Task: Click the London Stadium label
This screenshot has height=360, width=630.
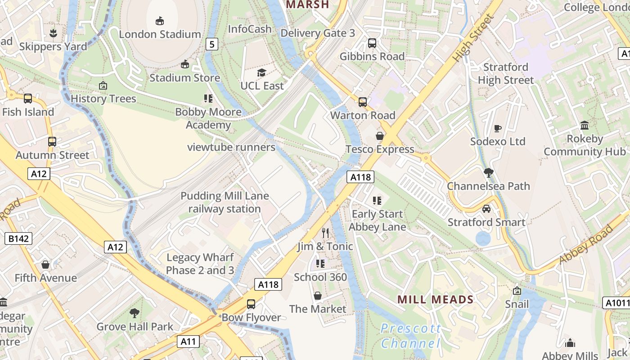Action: click(160, 34)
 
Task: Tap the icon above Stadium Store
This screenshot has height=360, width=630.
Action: click(184, 64)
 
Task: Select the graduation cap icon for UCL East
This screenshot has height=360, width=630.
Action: click(261, 72)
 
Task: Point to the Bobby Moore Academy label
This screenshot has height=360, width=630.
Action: click(208, 118)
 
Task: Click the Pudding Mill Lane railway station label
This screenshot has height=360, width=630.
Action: click(225, 202)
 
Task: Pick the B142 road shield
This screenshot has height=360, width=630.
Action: click(18, 238)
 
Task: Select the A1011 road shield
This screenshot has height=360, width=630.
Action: click(616, 303)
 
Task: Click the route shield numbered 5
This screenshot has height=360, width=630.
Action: click(212, 44)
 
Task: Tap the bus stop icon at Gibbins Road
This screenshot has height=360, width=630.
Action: click(372, 43)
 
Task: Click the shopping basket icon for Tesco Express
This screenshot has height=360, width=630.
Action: click(380, 136)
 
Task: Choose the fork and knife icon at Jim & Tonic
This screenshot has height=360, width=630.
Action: click(325, 233)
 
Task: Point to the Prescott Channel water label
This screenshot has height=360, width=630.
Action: click(410, 336)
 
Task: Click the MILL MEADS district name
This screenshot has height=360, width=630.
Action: click(435, 300)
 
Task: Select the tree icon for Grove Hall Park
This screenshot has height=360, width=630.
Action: click(135, 313)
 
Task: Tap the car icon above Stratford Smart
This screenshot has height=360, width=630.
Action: click(486, 209)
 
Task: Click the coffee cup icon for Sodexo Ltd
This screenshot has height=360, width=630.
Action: click(497, 128)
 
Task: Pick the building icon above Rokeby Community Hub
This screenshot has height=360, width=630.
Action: click(585, 125)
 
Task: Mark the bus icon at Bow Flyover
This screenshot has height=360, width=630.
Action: click(251, 304)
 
